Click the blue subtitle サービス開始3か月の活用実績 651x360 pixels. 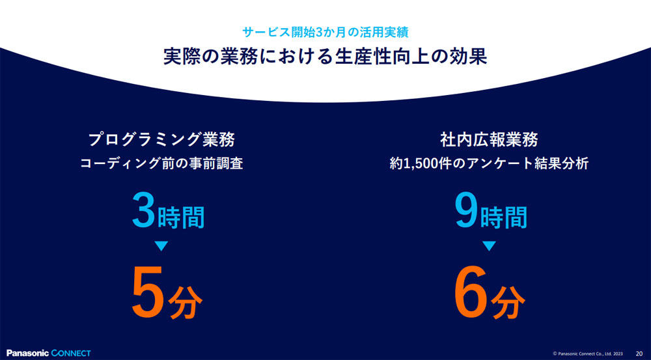pyautogui.click(x=326, y=33)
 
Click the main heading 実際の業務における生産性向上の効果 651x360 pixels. pyautogui.click(x=325, y=57)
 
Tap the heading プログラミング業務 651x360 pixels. pyautogui.click(x=161, y=139)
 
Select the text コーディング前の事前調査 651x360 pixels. pyautogui.click(x=161, y=164)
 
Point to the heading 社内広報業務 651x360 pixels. pyautogui.click(x=489, y=139)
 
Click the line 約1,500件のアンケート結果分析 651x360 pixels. pyautogui.click(x=489, y=164)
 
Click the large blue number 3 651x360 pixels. pyautogui.click(x=144, y=212)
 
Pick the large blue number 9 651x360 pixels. pyautogui.click(x=466, y=212)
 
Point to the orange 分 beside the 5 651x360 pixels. pyautogui.click(x=185, y=301)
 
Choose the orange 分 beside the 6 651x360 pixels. pyautogui.click(x=508, y=301)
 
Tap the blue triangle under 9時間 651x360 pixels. pyautogui.click(x=489, y=246)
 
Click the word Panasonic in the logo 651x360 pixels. pyautogui.click(x=28, y=353)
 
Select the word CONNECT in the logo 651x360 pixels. pyautogui.click(x=71, y=353)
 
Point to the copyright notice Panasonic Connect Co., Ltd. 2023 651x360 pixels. pyautogui.click(x=588, y=353)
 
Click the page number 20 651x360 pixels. pyautogui.click(x=639, y=353)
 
